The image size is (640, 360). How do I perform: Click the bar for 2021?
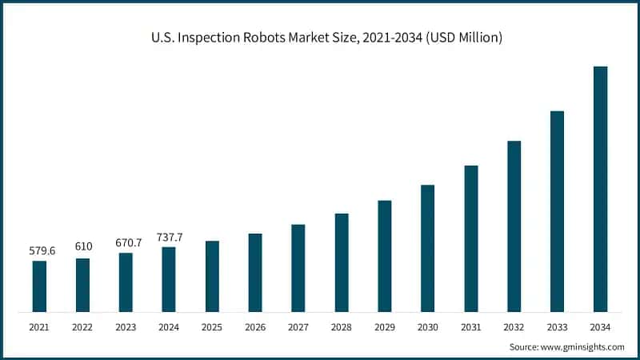click(39, 286)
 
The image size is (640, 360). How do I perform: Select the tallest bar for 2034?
click(600, 189)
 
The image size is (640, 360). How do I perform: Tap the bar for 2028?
click(342, 262)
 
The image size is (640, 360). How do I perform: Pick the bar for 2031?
click(471, 238)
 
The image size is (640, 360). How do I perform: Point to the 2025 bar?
click(212, 276)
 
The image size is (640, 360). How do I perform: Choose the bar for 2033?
click(557, 211)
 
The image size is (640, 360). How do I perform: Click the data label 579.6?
click(39, 251)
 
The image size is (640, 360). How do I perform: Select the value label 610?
click(83, 247)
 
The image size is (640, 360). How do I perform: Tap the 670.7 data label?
click(126, 242)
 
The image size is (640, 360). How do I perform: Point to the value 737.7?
click(169, 237)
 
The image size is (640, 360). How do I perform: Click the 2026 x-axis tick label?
click(255, 327)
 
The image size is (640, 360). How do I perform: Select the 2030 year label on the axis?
click(428, 327)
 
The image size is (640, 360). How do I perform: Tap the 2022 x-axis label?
click(82, 327)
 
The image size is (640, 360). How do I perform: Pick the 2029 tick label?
click(385, 327)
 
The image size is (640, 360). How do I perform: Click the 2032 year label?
click(514, 327)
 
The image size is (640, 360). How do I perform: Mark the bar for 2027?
click(298, 268)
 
